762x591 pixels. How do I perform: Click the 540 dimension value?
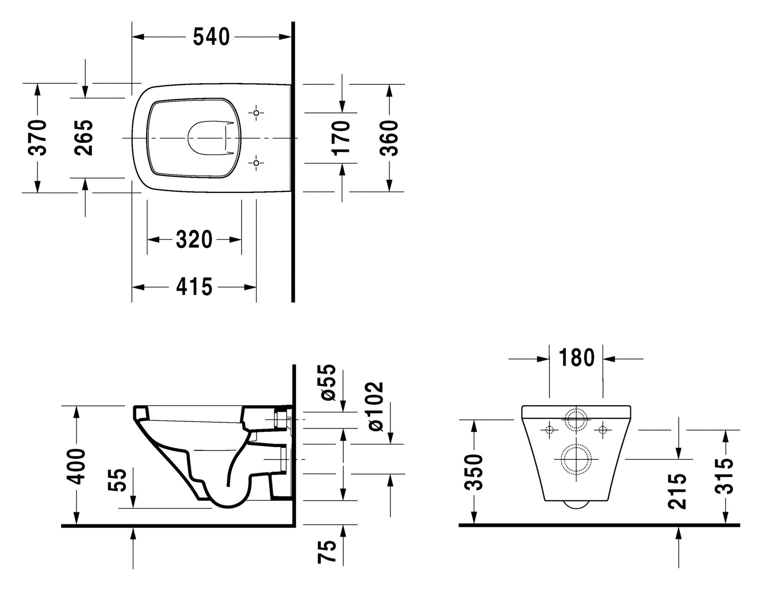[x=211, y=37]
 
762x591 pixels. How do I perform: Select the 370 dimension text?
[x=38, y=138]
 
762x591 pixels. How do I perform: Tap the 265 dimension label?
[x=84, y=138]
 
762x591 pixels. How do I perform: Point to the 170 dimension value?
[x=341, y=138]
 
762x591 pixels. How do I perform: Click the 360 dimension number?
[x=389, y=138]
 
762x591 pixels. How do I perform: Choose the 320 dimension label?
[x=194, y=240]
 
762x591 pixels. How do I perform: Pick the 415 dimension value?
[x=194, y=287]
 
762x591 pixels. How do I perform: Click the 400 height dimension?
[x=76, y=466]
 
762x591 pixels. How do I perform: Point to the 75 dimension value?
[x=328, y=552]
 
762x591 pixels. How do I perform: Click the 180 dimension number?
[x=576, y=358]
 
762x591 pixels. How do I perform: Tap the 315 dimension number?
[x=724, y=476]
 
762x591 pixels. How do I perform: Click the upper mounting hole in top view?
[x=256, y=114]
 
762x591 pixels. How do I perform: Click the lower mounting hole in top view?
[x=256, y=163]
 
